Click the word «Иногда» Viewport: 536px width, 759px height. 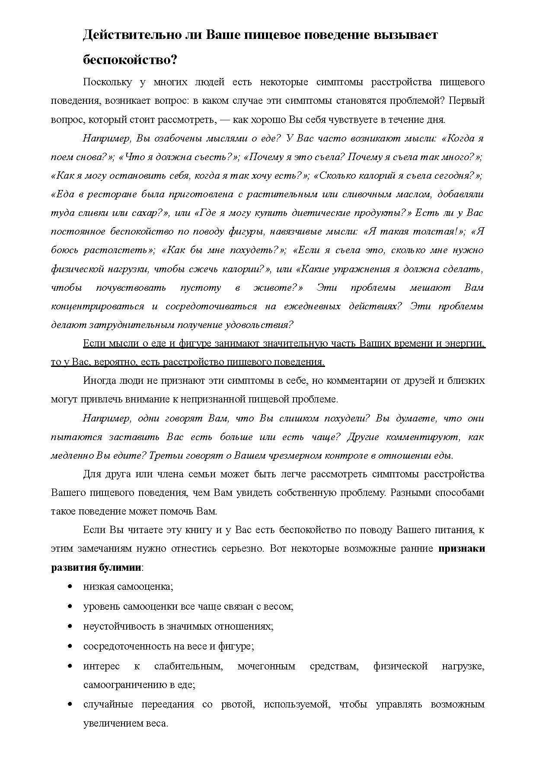click(98, 381)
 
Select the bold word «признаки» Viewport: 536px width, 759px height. click(462, 549)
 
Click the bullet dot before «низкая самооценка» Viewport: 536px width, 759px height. click(70, 586)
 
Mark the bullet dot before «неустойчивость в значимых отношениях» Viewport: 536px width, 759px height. click(70, 626)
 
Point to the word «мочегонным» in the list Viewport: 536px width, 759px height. click(266, 666)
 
